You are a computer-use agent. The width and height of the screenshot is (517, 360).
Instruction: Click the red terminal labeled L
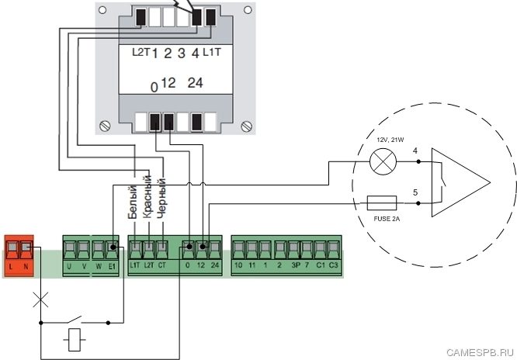click(12, 249)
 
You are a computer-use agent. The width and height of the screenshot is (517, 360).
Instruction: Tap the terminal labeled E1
click(113, 249)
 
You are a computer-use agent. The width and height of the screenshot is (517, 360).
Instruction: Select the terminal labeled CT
click(161, 249)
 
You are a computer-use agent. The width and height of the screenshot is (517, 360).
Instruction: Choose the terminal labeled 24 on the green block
click(214, 249)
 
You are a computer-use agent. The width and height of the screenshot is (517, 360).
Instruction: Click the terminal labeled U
click(69, 249)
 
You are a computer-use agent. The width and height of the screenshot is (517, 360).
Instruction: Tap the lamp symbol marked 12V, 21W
click(381, 162)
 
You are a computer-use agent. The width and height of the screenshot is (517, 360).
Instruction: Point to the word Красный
click(147, 197)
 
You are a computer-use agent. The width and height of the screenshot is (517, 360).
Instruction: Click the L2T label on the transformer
click(140, 52)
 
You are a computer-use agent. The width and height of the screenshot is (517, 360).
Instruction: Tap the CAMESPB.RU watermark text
click(481, 351)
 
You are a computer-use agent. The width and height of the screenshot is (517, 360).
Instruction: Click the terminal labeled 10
click(238, 249)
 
